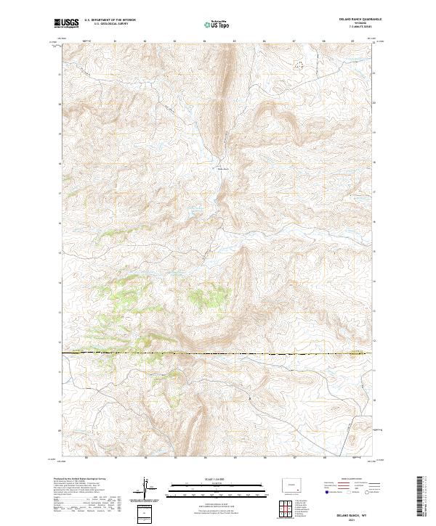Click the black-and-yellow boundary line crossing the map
click(218, 353)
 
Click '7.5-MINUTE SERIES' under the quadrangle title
click(359, 28)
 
